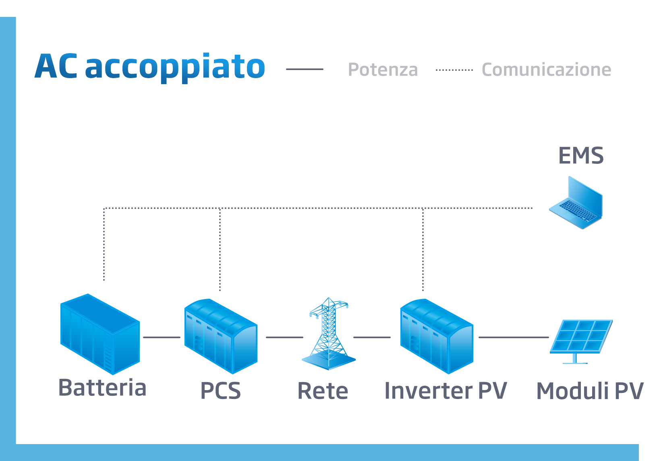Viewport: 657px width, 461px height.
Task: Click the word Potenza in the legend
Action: click(x=383, y=70)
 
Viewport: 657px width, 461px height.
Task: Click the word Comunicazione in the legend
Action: click(x=546, y=70)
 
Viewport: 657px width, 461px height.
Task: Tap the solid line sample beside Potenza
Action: click(x=305, y=69)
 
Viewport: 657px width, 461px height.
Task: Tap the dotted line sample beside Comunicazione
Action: click(x=454, y=70)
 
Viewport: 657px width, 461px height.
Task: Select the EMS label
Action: click(x=581, y=156)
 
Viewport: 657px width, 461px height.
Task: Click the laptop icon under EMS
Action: click(x=576, y=203)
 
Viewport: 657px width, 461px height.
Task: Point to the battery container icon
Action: click(x=99, y=334)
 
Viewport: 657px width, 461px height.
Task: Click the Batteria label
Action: click(x=102, y=388)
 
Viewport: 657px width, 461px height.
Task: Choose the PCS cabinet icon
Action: click(x=220, y=336)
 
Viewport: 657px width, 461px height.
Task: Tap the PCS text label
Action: click(x=220, y=391)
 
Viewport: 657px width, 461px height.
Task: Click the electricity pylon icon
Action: click(x=329, y=334)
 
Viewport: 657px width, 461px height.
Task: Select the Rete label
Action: click(x=323, y=391)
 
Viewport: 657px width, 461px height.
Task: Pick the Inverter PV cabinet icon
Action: click(x=436, y=336)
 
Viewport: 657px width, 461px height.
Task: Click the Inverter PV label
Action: click(x=446, y=391)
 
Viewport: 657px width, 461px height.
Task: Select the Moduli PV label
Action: click(x=590, y=391)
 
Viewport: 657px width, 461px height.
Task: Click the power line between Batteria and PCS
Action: click(x=162, y=337)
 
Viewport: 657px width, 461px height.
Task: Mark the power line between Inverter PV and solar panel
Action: click(x=513, y=337)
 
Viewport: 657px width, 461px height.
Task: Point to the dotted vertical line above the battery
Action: click(x=104, y=246)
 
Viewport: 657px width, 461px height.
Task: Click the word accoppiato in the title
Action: click(x=175, y=67)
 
